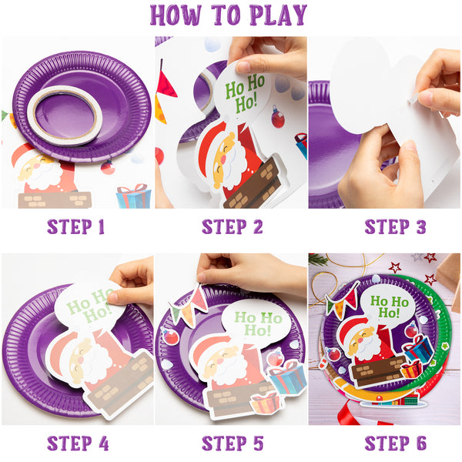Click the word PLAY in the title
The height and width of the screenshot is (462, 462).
pos(278,15)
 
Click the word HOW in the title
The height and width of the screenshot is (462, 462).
pos(176,15)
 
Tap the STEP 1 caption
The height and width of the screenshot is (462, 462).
pos(75,227)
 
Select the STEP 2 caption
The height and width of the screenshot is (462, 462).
pos(233,227)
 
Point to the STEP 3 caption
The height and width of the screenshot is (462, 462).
pos(396,227)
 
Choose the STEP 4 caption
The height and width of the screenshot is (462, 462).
pos(78,444)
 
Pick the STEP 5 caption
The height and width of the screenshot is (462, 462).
pos(233,444)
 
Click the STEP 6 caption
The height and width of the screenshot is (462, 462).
pos(396,444)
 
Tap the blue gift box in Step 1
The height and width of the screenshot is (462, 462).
pos(134,196)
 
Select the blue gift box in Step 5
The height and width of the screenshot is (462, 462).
pos(288,378)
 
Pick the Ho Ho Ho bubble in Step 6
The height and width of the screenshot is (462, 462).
pos(388,306)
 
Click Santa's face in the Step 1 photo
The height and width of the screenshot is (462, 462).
pos(35,169)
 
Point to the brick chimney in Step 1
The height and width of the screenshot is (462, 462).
pos(55,199)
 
